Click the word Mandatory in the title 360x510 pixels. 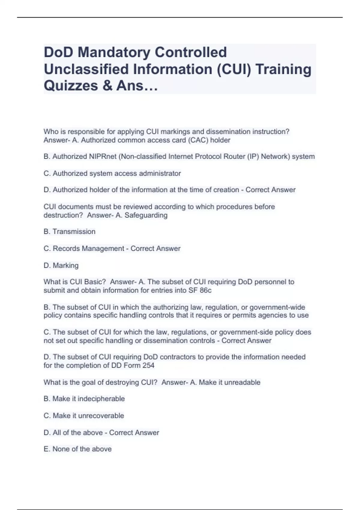(x=114, y=52)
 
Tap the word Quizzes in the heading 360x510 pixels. (x=71, y=85)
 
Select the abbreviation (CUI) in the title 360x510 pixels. (x=234, y=69)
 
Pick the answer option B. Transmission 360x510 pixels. (x=70, y=232)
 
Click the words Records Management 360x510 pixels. (x=88, y=248)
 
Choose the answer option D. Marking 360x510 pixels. (x=61, y=265)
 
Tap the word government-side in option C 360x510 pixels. (x=247, y=332)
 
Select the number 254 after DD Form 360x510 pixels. (x=148, y=365)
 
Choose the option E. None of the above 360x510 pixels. (x=78, y=449)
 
